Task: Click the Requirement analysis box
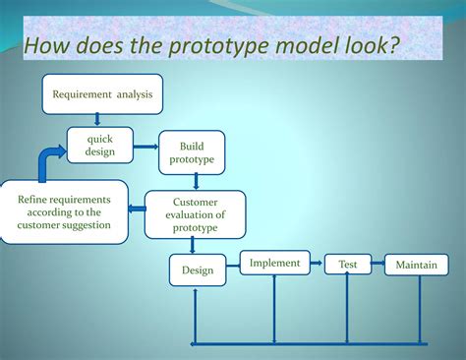coord(101,94)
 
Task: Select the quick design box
coord(100,146)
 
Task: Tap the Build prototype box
coord(191,152)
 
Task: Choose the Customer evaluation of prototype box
coord(195,214)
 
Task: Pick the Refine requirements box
coord(64,212)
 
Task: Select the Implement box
coord(274,264)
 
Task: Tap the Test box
coord(348,265)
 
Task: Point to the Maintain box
coord(416,266)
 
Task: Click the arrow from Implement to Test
coord(316,264)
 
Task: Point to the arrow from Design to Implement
coord(233,266)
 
